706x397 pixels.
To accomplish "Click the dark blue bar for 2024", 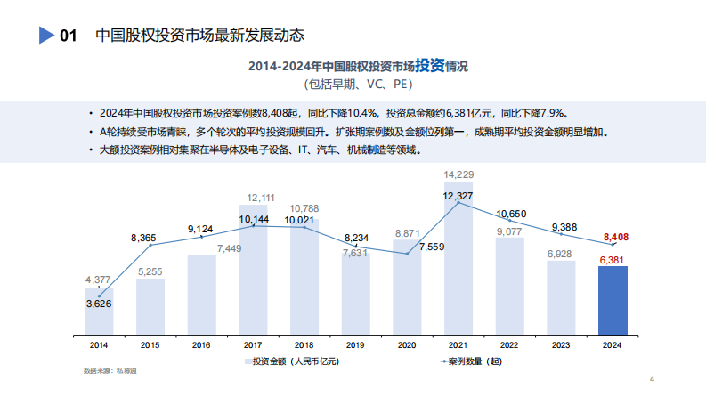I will click(x=613, y=302).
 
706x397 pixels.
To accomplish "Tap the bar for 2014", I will click(x=99, y=312).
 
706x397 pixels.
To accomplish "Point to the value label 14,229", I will click(x=458, y=174).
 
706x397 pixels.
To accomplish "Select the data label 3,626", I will click(x=99, y=304).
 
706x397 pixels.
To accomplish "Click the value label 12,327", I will click(x=458, y=196).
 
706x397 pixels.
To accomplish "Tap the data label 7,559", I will click(x=432, y=246).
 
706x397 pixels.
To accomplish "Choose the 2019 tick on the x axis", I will click(x=355, y=344).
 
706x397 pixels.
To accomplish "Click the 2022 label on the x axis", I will click(x=509, y=344).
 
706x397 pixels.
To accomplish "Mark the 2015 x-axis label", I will click(x=150, y=344).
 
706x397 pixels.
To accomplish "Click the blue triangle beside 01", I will click(x=47, y=36).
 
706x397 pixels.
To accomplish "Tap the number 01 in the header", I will click(x=68, y=36).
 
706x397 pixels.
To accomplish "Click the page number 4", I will click(x=652, y=379).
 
